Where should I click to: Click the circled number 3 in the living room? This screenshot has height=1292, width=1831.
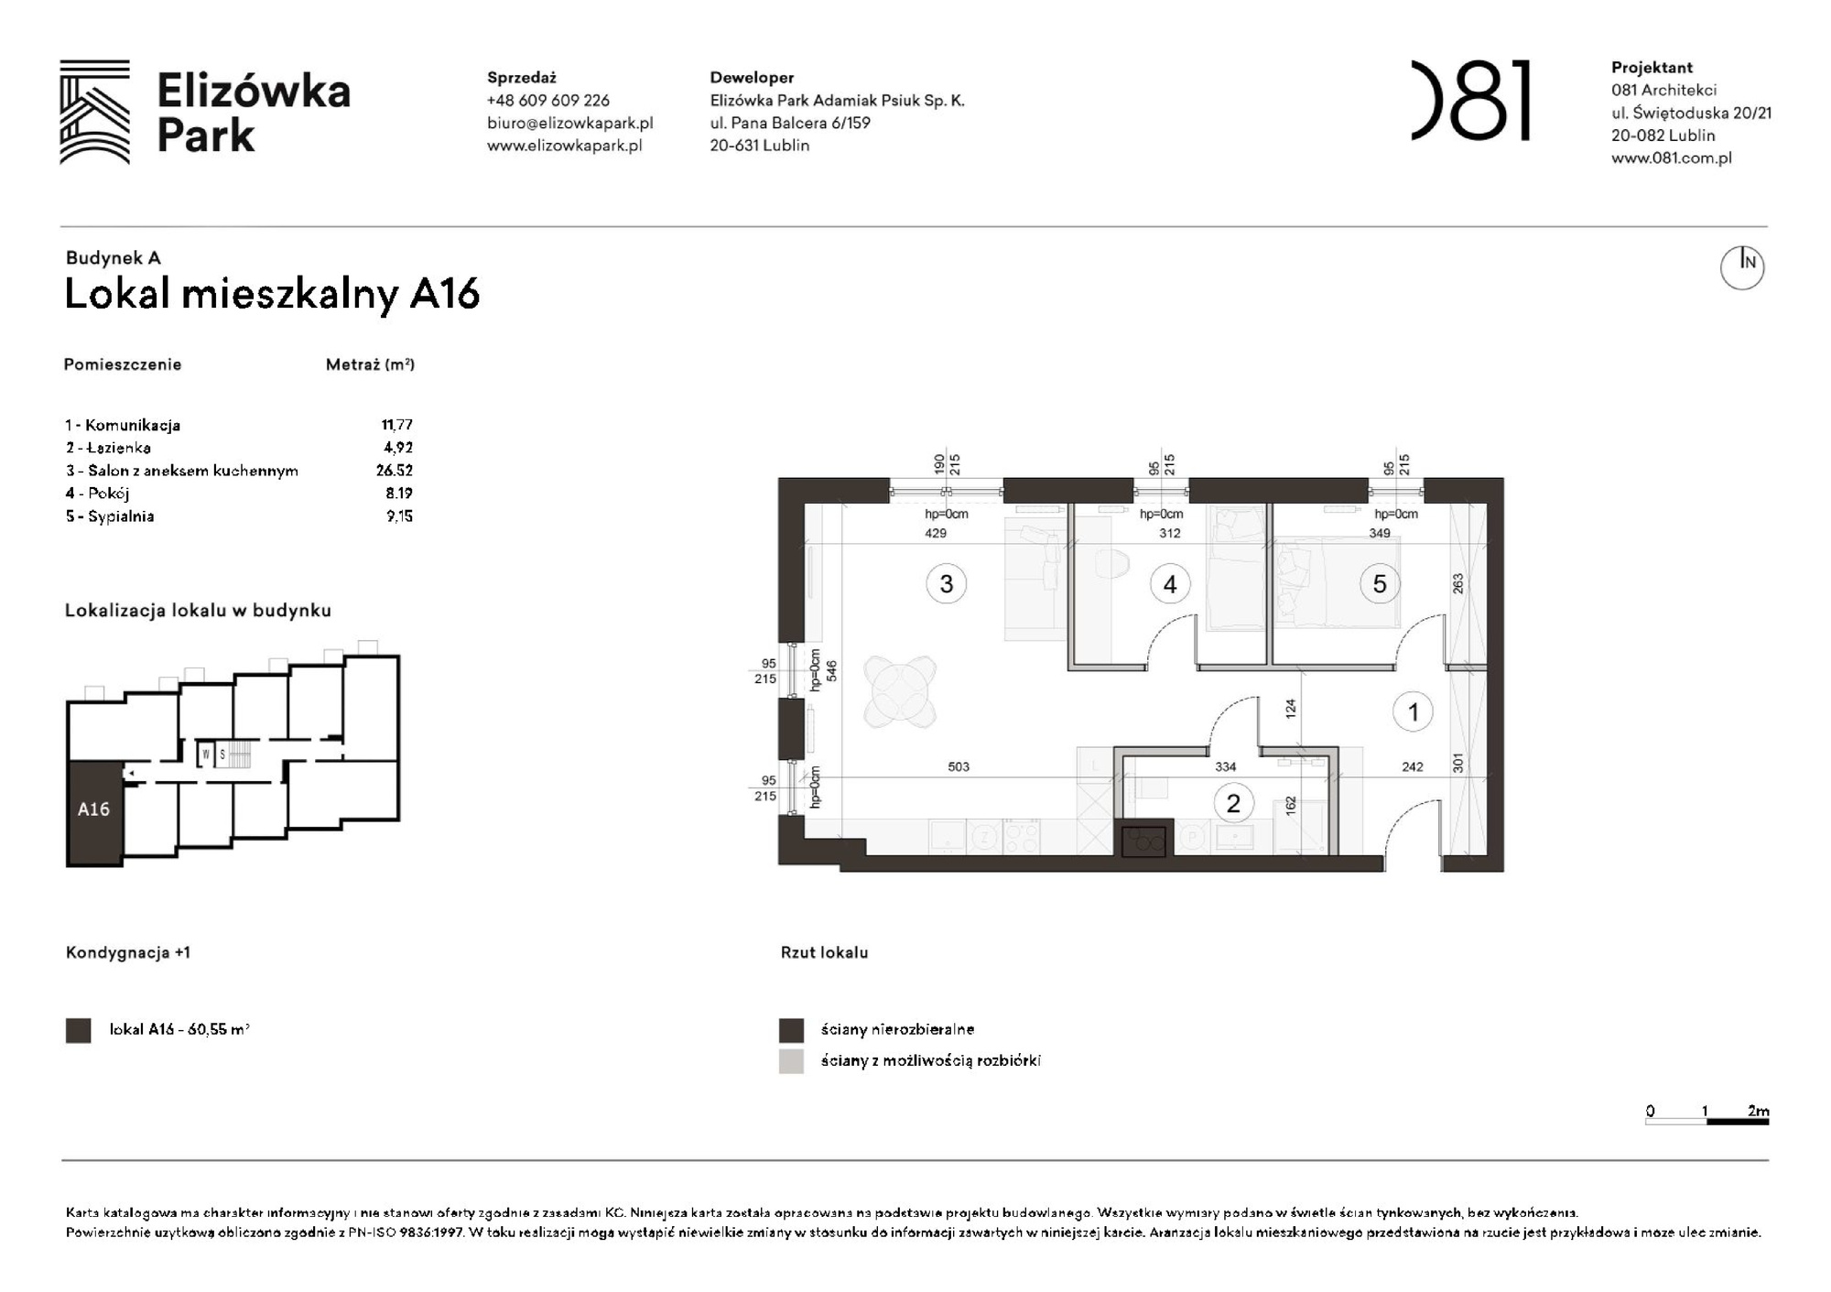click(x=946, y=583)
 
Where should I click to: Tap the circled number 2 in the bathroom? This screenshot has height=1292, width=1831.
click(x=1232, y=803)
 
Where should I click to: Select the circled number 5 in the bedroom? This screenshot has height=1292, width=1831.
click(x=1379, y=583)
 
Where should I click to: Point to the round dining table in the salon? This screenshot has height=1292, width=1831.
click(x=900, y=691)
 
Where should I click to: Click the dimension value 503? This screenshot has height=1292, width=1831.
click(x=958, y=766)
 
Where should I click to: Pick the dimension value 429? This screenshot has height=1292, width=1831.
click(x=935, y=533)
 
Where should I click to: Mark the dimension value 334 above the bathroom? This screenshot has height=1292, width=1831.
click(x=1225, y=766)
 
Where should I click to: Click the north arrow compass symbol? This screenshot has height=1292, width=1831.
click(x=1741, y=266)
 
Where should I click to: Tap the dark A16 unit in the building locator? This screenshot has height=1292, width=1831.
click(x=93, y=810)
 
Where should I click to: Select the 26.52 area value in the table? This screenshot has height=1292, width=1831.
click(x=394, y=470)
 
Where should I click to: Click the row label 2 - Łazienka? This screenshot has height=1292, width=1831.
click(x=108, y=448)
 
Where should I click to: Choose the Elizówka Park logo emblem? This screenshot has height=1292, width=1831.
click(x=94, y=112)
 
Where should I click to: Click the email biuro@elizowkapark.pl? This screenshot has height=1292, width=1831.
click(x=569, y=123)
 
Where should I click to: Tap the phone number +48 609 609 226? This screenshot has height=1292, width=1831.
click(x=547, y=100)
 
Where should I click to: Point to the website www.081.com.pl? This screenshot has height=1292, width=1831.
click(x=1671, y=157)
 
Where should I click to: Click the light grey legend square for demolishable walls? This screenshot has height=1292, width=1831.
click(x=791, y=1060)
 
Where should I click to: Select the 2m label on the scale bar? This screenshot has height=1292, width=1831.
click(x=1757, y=1111)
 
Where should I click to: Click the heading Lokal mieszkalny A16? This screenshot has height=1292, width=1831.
click(x=272, y=294)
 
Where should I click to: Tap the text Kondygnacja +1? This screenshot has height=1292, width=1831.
click(x=127, y=952)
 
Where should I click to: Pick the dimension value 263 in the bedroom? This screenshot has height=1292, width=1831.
click(x=1457, y=583)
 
